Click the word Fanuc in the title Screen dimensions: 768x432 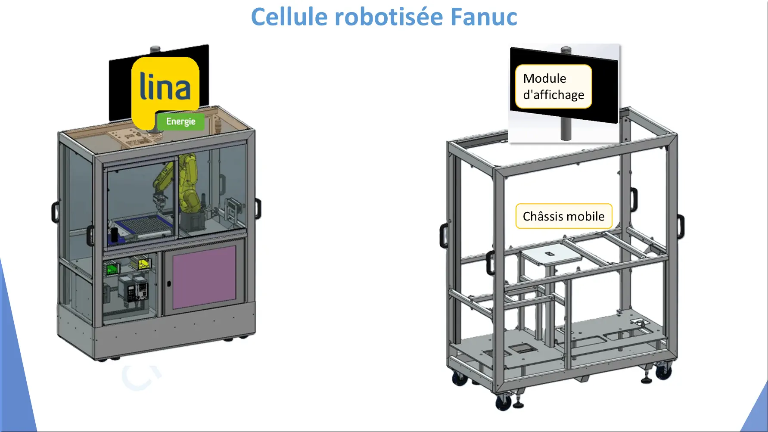click(484, 17)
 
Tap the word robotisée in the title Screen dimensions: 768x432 click(389, 17)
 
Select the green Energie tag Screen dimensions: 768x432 click(180, 121)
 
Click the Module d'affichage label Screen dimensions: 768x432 click(553, 87)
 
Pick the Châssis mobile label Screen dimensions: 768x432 click(564, 216)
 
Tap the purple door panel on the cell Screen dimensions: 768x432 click(205, 277)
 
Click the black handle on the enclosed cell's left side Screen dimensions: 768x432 click(55, 212)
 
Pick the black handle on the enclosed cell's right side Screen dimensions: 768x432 click(258, 208)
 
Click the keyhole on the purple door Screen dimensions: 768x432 click(169, 283)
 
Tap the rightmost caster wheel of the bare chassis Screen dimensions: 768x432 click(663, 371)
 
